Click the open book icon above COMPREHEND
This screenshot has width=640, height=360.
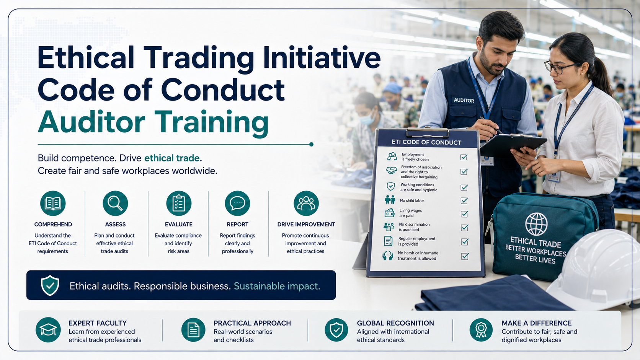coord(53,203)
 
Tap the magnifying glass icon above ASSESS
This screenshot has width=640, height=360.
coord(115,203)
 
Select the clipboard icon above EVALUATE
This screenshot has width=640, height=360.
coord(179,203)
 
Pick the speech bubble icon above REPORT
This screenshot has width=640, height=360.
coord(237,203)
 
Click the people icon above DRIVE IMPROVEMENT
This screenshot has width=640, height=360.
coord(306,203)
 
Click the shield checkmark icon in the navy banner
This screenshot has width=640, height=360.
coord(50,285)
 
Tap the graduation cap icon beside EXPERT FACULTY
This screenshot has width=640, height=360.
coord(48,330)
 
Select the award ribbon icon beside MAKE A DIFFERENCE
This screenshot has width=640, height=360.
coord(481,330)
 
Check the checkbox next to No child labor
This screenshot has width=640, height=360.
coord(464,200)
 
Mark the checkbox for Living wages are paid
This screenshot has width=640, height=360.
coord(464,214)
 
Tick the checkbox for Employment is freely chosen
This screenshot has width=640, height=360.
coord(464,157)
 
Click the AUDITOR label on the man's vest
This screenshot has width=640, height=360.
coord(464,101)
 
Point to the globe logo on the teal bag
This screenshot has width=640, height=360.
coord(536,224)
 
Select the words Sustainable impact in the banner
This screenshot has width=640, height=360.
coord(277,286)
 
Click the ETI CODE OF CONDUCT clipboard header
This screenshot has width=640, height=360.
coord(426,142)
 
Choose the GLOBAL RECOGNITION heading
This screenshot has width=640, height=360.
coord(395,323)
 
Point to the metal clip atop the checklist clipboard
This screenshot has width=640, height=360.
coord(427,132)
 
